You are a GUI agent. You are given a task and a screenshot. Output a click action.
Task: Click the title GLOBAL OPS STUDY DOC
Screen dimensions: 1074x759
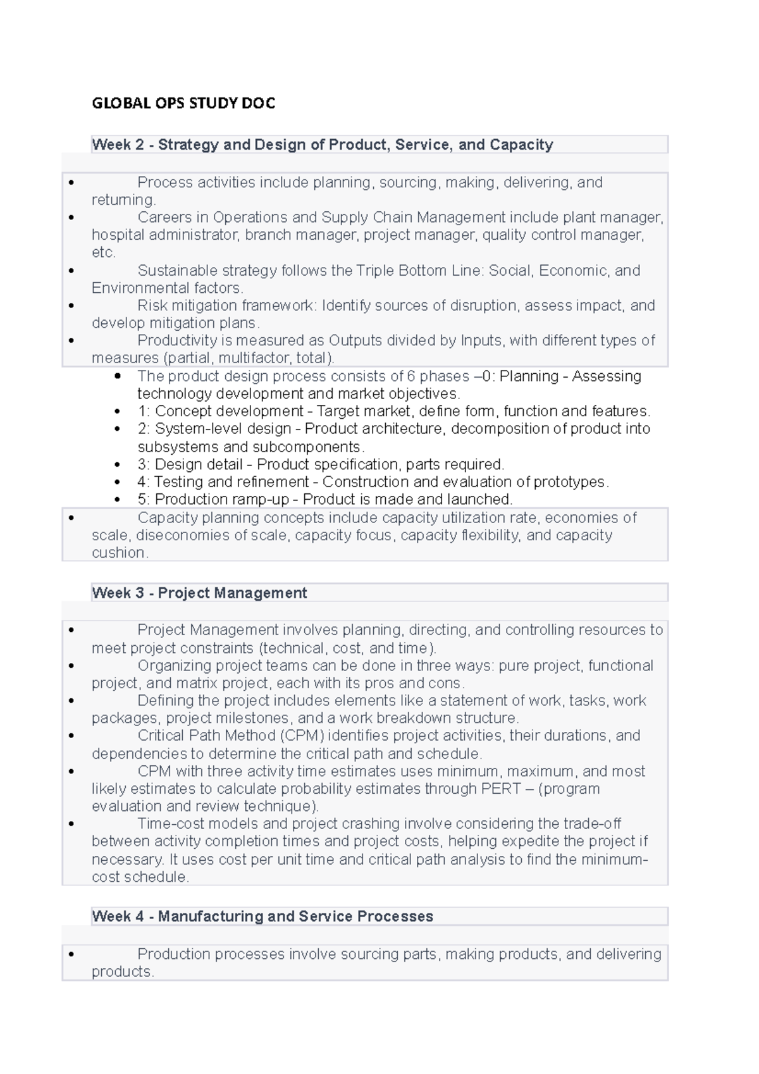pyautogui.click(x=183, y=103)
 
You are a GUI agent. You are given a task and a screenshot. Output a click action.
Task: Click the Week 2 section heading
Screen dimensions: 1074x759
pyautogui.click(x=322, y=145)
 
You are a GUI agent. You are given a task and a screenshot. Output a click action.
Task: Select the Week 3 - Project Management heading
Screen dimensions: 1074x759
pyautogui.click(x=199, y=593)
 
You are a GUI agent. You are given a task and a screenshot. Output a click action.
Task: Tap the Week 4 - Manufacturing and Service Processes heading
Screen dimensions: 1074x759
pyautogui.click(x=262, y=917)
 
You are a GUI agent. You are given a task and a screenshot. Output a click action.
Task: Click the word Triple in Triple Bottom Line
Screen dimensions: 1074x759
pyautogui.click(x=374, y=271)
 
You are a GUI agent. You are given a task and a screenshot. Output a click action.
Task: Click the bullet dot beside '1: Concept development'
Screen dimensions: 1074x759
pyautogui.click(x=117, y=411)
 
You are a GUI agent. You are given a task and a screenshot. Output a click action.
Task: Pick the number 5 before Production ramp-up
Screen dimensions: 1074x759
pyautogui.click(x=142, y=500)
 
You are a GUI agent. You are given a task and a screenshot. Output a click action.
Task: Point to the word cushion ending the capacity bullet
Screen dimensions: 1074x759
pyautogui.click(x=119, y=553)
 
